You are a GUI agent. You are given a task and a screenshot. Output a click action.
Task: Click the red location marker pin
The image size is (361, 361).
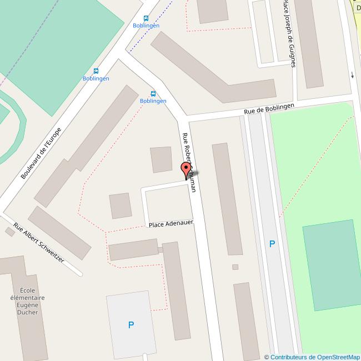[x=186, y=169]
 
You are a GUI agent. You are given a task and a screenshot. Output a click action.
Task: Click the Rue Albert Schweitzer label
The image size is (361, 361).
[x=39, y=243]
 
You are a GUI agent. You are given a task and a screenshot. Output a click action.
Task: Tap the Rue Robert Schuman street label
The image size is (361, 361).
[x=189, y=162]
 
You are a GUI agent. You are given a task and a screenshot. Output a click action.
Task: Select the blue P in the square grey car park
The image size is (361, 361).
[x=131, y=325]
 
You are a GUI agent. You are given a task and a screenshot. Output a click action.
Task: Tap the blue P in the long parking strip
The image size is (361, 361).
[x=272, y=243]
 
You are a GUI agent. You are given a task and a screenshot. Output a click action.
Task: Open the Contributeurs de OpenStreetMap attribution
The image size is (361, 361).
[x=312, y=357]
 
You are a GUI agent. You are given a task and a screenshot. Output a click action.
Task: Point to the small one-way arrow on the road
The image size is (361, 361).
[x=352, y=75]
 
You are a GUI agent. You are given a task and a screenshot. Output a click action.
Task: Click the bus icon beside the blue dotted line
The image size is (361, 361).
[x=146, y=18]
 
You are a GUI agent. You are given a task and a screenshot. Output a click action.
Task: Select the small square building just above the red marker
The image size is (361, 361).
[x=162, y=159]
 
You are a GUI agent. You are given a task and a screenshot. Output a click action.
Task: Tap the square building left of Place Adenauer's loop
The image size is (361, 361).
[x=121, y=205]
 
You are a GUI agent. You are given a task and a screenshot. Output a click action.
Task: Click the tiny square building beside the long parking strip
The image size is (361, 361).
[x=235, y=267]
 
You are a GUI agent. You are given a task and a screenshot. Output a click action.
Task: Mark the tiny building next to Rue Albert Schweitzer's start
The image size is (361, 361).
[x=9, y=231]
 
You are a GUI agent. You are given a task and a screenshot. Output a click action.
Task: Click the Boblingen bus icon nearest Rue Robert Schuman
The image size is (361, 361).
[x=153, y=93]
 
